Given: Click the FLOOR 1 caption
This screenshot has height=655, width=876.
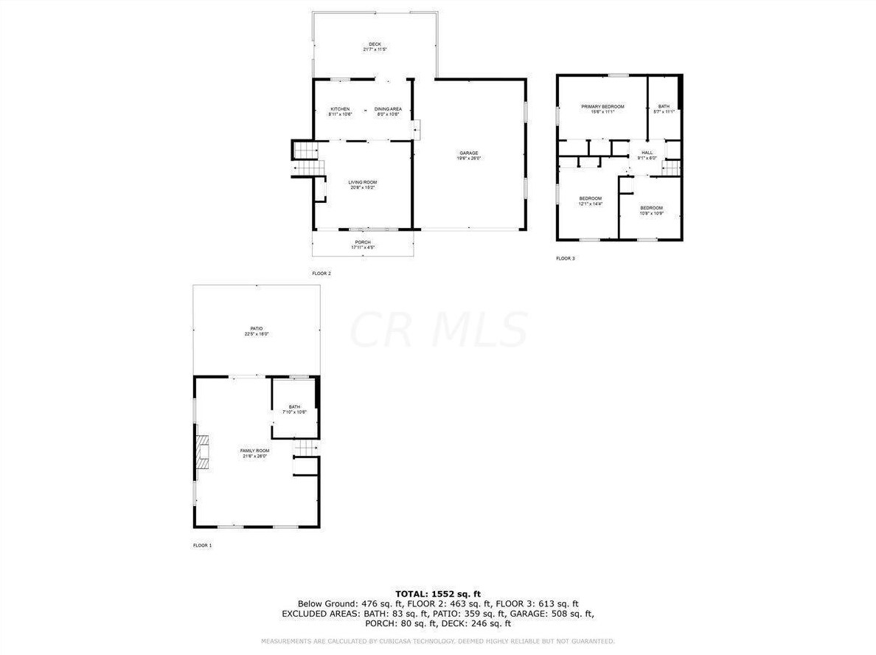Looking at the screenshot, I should coord(202,545).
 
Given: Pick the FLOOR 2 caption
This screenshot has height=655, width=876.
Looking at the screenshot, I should coord(321,274).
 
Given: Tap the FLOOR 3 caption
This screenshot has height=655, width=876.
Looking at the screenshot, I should coord(565,259).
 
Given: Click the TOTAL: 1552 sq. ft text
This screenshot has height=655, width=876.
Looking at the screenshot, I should coord(438,593).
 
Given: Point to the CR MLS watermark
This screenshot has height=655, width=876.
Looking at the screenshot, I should coord(438,330).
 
